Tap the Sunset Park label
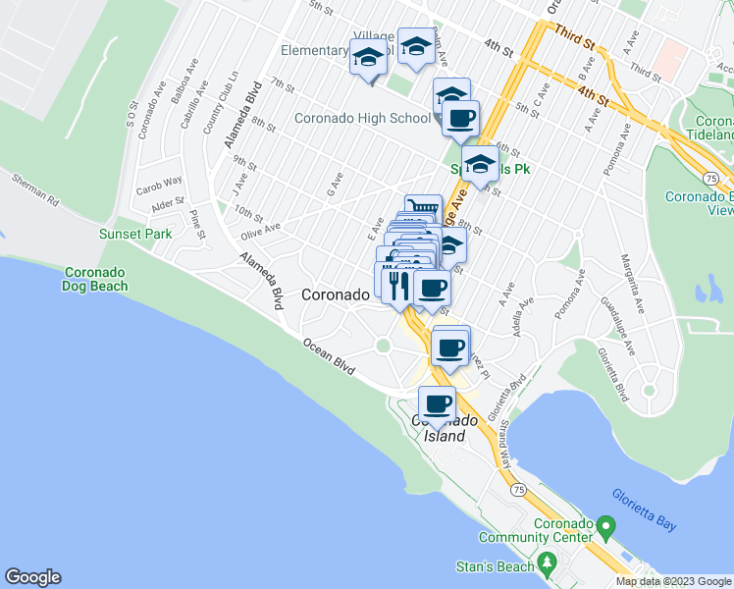tap(134, 234)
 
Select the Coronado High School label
tap(362, 119)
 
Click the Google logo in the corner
tap(32, 577)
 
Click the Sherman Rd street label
tap(35, 187)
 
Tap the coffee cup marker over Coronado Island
tap(438, 402)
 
